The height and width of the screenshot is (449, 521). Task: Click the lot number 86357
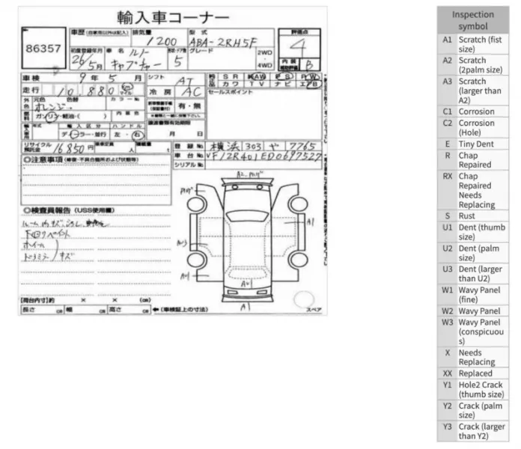(43, 49)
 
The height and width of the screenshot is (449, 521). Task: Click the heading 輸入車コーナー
(173, 16)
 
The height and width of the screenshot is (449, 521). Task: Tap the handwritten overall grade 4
(299, 47)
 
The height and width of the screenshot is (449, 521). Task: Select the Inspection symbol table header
(473, 20)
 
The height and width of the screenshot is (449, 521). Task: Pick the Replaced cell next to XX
(475, 373)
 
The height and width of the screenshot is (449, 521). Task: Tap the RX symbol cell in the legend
(447, 177)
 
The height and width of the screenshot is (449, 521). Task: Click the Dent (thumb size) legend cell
(476, 231)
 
